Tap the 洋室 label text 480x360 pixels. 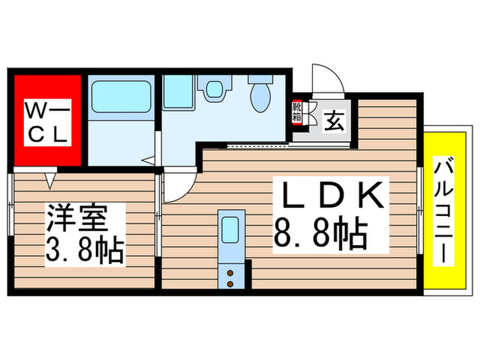[x=77, y=219]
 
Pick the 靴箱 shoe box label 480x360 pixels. [x=298, y=110]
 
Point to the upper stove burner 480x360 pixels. [x=230, y=273]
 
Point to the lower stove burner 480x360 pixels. [x=230, y=283]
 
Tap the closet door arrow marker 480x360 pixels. [x=49, y=180]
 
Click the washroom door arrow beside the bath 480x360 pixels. [x=148, y=161]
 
